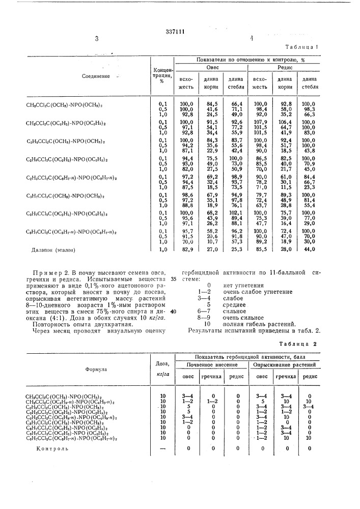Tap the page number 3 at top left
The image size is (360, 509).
(95, 38)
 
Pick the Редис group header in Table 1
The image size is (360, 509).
(285, 68)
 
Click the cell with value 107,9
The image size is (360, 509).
(260, 122)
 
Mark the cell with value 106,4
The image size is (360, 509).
(285, 122)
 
